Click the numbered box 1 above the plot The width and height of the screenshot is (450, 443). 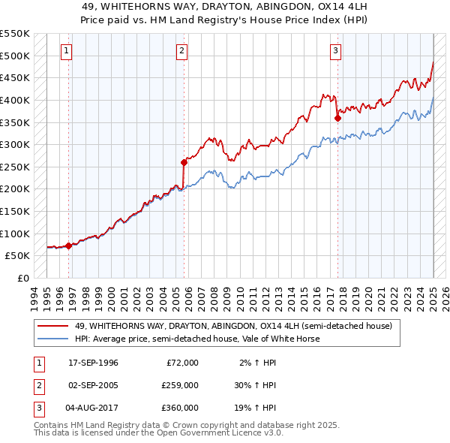pyautogui.click(x=67, y=51)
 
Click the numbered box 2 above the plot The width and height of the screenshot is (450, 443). pyautogui.click(x=182, y=51)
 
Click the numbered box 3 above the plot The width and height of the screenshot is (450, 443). pyautogui.click(x=335, y=51)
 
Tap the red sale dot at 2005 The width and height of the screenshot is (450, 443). pyautogui.click(x=184, y=161)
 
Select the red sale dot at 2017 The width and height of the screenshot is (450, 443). pyautogui.click(x=337, y=117)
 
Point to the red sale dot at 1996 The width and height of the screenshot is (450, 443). pyautogui.click(x=68, y=245)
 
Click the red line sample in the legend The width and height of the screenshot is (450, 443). pyautogui.click(x=52, y=327)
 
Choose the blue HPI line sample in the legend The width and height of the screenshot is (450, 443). pyautogui.click(x=52, y=339)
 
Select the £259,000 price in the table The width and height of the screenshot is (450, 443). pyautogui.click(x=179, y=385)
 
